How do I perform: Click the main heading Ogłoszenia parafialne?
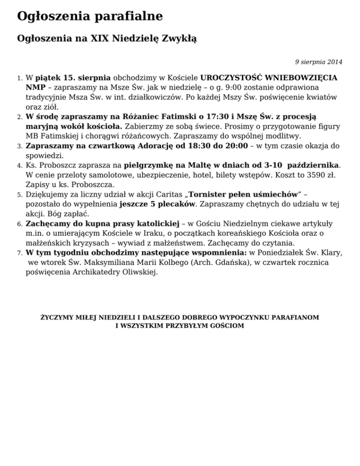[x=90, y=16]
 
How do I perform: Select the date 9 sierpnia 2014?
[x=318, y=62]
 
